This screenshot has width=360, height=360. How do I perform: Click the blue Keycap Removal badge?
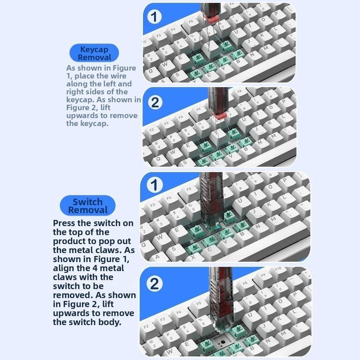coord(94,53)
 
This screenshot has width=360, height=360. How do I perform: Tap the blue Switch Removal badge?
coord(87,206)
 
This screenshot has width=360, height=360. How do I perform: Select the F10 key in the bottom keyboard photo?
coord(278,269)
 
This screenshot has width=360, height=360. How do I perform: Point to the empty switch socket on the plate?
coord(222,342)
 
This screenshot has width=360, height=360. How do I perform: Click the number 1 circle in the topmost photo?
coord(154,17)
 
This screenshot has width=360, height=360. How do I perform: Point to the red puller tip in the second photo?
coord(219,114)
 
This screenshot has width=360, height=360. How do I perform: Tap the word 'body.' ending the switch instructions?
coord(108,322)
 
